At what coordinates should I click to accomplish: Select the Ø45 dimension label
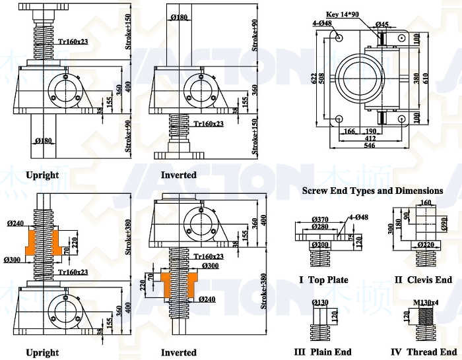coord(381,24)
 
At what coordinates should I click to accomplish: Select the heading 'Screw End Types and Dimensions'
coord(372,191)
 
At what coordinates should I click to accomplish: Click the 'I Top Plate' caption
coord(323,280)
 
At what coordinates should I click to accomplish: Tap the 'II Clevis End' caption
coord(423,280)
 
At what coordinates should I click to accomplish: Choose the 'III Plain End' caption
coord(322,351)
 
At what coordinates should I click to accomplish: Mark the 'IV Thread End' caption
coord(422,351)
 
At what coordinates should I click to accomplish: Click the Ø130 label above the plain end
coord(320,303)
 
